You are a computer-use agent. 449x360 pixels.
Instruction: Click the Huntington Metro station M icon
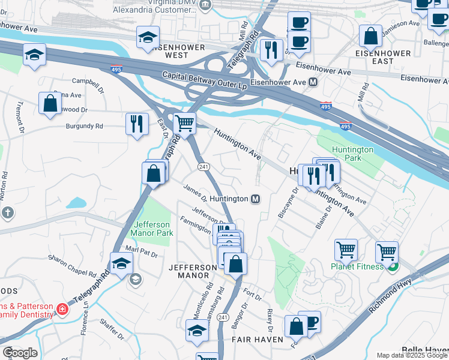click(255, 199)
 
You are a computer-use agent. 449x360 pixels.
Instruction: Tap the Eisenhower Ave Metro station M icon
click(313, 82)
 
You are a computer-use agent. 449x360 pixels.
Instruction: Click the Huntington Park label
click(354, 154)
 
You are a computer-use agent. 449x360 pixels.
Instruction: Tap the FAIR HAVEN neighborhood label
click(257, 340)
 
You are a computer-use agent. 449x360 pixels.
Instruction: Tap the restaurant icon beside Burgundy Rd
click(137, 124)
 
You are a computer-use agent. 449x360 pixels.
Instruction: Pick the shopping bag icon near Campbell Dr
click(50, 103)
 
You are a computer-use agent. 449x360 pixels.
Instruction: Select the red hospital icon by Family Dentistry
click(61, 309)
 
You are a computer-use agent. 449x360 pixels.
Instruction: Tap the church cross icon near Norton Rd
click(7, 212)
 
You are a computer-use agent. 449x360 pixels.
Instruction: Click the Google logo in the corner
click(19, 353)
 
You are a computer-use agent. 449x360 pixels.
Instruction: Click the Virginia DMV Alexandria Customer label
click(164, 7)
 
